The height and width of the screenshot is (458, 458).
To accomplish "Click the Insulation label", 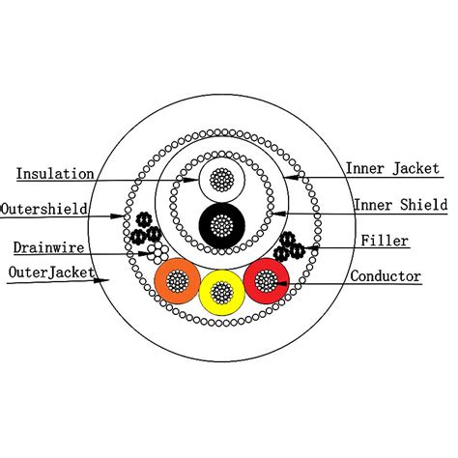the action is [x=55, y=174].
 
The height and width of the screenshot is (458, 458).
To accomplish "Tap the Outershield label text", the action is [x=44, y=209].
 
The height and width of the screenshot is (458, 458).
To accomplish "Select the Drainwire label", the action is [x=48, y=247].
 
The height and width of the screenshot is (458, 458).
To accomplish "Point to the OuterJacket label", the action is [x=51, y=272].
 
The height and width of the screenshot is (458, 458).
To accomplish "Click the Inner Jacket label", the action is [x=392, y=168].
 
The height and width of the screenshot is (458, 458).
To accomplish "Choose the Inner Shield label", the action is [x=401, y=205].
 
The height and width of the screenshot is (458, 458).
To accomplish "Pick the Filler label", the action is [x=385, y=241].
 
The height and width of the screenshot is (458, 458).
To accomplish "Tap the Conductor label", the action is [x=386, y=276].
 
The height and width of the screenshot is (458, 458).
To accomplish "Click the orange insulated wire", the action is [x=178, y=280].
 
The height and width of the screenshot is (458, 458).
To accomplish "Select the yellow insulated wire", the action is [x=222, y=293].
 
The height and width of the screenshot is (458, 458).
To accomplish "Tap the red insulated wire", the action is [x=266, y=280].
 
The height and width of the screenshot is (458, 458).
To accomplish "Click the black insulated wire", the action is [x=222, y=225].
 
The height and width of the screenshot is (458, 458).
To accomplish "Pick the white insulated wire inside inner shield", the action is [x=222, y=180].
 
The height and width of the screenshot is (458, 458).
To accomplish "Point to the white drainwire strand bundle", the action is [x=157, y=252].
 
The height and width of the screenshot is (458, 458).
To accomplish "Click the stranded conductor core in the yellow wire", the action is [x=222, y=293].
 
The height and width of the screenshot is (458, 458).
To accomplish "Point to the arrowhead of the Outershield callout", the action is [x=117, y=215].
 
